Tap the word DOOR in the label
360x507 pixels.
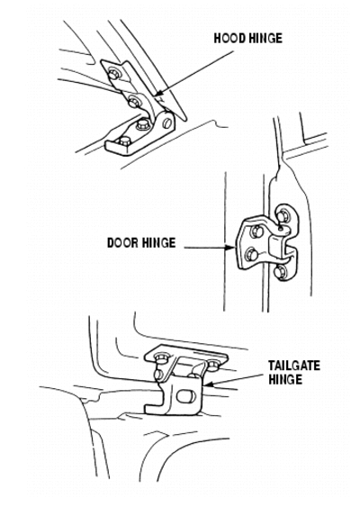122,242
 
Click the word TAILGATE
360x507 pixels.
294,366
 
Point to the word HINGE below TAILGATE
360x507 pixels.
285,379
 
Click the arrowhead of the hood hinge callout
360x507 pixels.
159,94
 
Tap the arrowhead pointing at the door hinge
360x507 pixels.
230,248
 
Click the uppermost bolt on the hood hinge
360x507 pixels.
113,74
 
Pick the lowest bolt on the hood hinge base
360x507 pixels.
125,141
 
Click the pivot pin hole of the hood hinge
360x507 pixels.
167,123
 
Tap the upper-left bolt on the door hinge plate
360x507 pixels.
256,231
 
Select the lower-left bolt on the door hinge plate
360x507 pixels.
252,255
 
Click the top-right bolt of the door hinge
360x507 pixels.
282,215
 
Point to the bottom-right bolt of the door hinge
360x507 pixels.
280,272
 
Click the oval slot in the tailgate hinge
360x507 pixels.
186,396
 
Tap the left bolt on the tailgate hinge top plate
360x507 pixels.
160,358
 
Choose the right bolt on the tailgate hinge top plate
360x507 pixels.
213,366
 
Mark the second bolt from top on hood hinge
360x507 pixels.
134,103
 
